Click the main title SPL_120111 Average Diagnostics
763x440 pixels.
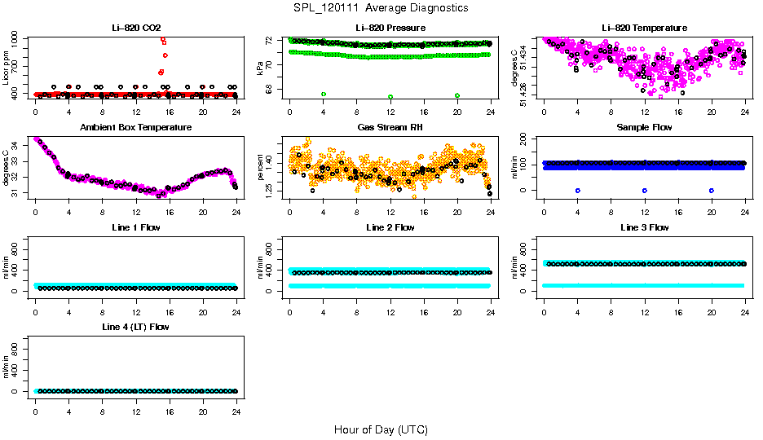coord(381,7)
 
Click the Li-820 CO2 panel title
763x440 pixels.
coord(135,28)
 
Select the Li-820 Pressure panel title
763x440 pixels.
coord(390,28)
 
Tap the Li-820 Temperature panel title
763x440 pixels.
coord(644,28)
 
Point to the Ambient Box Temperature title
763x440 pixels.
coord(135,128)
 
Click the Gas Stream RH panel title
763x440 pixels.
coord(390,128)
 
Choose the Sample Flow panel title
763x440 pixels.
coord(644,128)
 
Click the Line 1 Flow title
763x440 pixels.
coord(135,227)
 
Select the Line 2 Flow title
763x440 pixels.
coord(390,227)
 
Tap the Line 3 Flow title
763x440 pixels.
coord(644,227)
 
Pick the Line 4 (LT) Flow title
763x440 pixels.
coord(135,327)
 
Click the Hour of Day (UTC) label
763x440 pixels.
coord(381,429)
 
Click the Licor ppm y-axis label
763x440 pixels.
coord(7,68)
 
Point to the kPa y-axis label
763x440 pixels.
coord(261,68)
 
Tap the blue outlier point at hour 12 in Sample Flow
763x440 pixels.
coord(645,190)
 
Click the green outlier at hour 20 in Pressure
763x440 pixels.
coord(457,95)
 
